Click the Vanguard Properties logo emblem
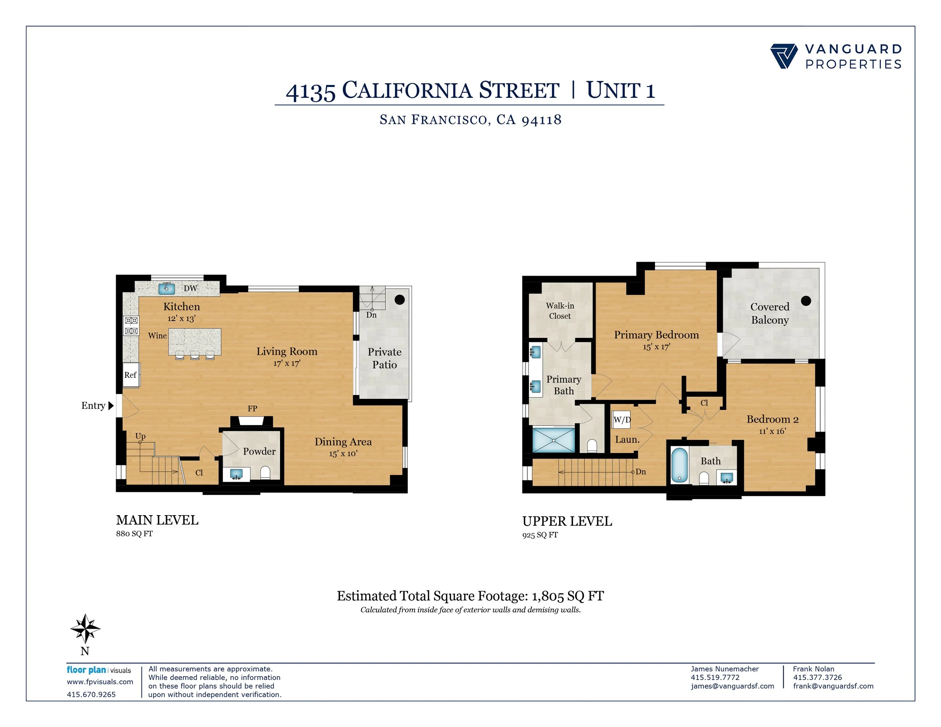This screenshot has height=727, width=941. click(784, 56)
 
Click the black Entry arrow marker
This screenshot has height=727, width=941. click(111, 406)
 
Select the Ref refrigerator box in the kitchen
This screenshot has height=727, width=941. click(131, 375)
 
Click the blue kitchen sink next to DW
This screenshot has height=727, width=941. click(167, 288)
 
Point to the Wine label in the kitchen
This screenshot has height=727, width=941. click(157, 336)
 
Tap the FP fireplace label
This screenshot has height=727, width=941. click(253, 408)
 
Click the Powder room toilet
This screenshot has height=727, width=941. click(265, 473)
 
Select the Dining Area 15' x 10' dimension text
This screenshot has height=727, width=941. click(343, 453)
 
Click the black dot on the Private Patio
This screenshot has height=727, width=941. click(399, 299)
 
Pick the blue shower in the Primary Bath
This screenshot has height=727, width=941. click(554, 440)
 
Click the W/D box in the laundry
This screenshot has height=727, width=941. click(622, 420)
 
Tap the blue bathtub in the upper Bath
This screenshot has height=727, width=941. click(679, 465)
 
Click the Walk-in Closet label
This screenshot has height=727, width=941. click(560, 310)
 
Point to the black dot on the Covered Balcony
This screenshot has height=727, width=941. click(806, 301)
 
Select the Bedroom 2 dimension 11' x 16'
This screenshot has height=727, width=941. click(772, 431)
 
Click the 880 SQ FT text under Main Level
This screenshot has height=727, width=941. click(134, 534)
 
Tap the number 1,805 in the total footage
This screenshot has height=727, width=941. click(548, 596)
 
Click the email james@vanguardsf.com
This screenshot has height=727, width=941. click(732, 686)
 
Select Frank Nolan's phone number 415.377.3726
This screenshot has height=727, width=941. click(817, 677)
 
